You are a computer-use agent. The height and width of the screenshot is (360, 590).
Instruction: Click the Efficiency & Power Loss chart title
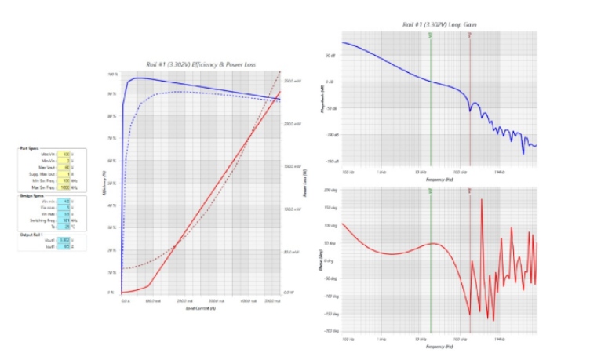(202, 64)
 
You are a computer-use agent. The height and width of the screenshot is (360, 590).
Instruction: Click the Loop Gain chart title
(439, 25)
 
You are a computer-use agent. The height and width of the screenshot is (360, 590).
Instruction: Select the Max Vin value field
(67, 154)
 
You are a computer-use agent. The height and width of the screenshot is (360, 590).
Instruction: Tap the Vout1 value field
(67, 241)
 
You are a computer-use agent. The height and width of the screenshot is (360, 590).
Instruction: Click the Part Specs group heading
(30, 148)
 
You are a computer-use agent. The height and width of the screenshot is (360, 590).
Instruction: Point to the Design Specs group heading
(32, 196)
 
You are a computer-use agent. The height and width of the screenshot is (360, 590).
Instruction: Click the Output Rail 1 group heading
(34, 235)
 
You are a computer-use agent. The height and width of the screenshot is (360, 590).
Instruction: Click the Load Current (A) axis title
(202, 307)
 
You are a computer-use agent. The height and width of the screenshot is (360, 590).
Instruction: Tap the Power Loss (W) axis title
(304, 183)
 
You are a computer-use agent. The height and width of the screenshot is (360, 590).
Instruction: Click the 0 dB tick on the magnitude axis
(331, 82)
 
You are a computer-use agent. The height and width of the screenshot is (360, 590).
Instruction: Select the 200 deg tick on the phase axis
(330, 191)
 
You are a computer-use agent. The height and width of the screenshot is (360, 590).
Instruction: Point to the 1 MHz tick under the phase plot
(499, 340)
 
